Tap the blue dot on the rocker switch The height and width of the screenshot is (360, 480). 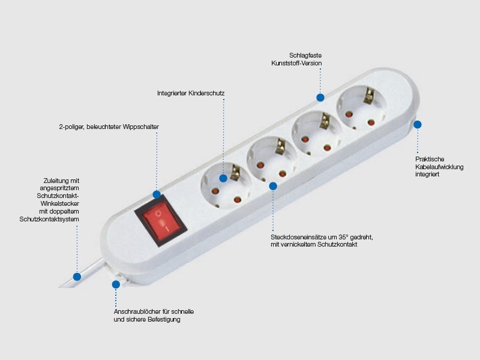pos(157,194)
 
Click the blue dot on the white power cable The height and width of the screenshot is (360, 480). pos(77,277)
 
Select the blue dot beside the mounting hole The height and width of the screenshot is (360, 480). pos(116,284)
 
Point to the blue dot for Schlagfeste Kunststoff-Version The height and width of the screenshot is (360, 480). pos(320,97)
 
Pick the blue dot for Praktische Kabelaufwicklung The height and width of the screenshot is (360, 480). pos(418,124)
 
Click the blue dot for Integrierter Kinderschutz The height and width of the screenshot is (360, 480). pos(223,178)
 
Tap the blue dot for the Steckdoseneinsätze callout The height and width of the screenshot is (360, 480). pos(273,186)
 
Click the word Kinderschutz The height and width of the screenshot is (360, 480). pos(206,94)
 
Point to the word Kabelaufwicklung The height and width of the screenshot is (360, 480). pos(439,167)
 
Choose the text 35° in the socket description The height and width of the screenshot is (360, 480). pos(343,238)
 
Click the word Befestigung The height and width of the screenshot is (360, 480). pos(163,320)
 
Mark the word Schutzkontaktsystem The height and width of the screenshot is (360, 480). pos(49,219)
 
